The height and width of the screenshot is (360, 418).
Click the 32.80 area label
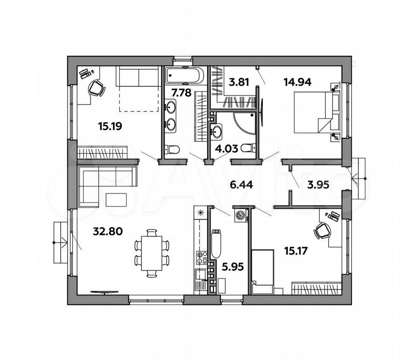(x=108, y=231)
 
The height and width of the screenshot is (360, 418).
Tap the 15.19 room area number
(x=110, y=126)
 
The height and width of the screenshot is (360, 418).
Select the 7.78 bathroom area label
(x=181, y=93)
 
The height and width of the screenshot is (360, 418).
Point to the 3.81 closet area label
(x=239, y=82)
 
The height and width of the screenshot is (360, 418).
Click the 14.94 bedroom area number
(x=297, y=82)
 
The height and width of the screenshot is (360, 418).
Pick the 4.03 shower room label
(x=226, y=148)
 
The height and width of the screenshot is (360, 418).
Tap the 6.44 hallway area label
(x=241, y=184)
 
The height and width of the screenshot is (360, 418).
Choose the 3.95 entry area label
(x=318, y=184)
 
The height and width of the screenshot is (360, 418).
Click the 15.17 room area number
(x=296, y=251)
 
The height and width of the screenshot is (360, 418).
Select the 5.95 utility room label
(x=233, y=267)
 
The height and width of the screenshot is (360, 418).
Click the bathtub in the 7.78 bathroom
(x=185, y=75)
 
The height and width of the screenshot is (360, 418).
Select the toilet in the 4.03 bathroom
(x=248, y=148)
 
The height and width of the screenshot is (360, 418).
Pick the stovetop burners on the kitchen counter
(x=202, y=257)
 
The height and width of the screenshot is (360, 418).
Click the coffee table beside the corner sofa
(x=116, y=200)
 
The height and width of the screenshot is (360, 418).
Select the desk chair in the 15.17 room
(x=322, y=231)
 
